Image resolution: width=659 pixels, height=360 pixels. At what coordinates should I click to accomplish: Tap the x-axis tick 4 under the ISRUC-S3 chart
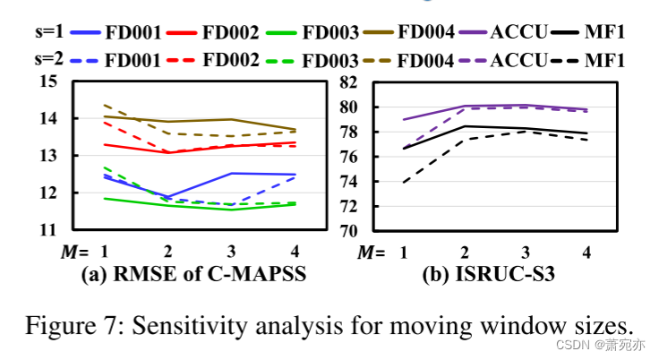coord(586,253)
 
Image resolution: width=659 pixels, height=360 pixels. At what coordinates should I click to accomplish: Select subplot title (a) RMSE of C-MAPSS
coord(193,275)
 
